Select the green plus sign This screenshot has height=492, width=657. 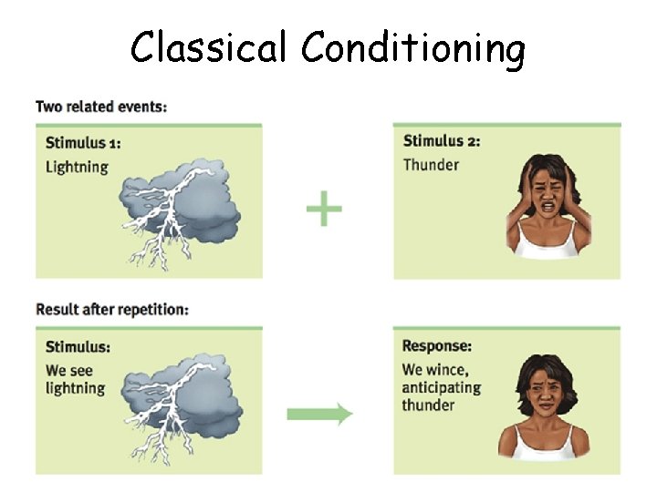pos(324,210)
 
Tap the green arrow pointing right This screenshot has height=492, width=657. pos(319,415)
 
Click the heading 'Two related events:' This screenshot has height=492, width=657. pos(101,107)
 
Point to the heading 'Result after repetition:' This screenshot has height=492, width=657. pos(112,309)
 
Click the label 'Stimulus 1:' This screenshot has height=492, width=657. pos(83,142)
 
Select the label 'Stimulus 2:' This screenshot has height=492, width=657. pos(442,140)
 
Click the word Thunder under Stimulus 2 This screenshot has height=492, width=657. pos(431,164)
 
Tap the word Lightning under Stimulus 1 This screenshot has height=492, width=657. pos(77,167)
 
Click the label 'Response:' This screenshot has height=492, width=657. pos(437,346)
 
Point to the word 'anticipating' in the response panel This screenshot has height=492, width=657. pos(441,387)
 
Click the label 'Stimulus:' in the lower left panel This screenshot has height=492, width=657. pos(78,347)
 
